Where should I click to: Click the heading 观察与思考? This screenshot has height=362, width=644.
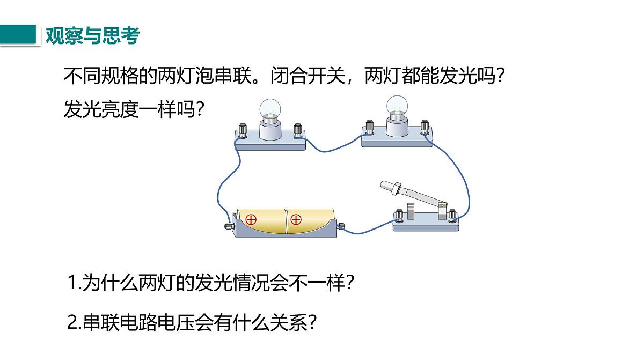point(92,35)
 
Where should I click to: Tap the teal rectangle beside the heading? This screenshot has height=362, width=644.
point(18,34)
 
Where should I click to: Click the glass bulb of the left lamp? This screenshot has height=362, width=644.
point(269,108)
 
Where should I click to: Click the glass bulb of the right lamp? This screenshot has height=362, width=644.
point(397,105)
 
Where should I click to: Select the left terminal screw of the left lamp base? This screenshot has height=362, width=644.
point(243,131)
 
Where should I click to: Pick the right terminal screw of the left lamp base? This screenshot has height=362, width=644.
point(297,131)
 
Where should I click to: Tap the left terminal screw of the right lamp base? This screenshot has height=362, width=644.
point(369,127)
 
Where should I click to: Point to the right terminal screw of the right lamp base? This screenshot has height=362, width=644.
point(425,127)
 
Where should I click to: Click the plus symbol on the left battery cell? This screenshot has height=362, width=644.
point(251,220)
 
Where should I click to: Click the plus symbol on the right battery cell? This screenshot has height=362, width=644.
point(296,220)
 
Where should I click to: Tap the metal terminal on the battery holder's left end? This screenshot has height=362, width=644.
point(230,226)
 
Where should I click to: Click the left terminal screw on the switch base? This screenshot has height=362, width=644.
point(399,216)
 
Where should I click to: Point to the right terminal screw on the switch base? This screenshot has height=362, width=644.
point(452,216)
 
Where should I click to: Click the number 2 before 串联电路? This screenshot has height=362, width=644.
point(72,322)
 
